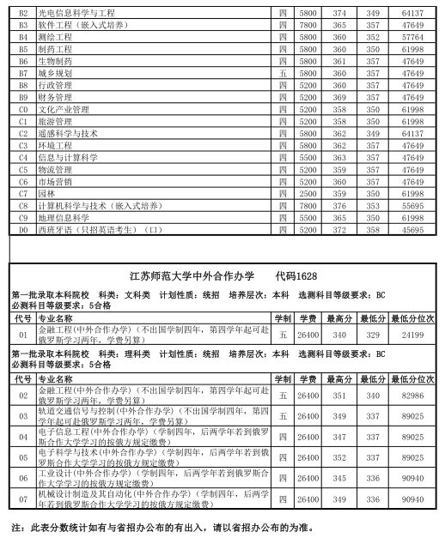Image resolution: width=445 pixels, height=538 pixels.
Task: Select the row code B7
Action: tap(23, 74)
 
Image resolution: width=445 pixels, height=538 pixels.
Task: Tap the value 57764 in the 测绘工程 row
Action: tap(412, 38)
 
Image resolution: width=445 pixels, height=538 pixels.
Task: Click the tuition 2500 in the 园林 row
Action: tap(308, 194)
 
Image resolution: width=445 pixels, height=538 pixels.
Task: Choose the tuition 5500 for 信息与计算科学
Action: tap(308, 158)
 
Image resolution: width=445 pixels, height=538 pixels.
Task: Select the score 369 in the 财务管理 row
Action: tap(339, 98)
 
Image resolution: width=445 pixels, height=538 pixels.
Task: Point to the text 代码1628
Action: tap(296, 275)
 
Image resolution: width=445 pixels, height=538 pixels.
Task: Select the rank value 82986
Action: tap(411, 395)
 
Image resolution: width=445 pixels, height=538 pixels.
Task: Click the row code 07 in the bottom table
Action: tap(23, 499)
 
